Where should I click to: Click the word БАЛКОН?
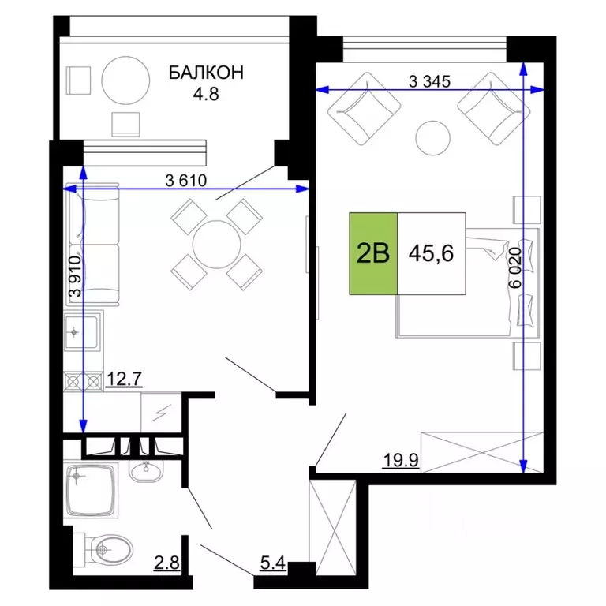(x=206, y=73)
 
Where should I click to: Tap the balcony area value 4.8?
(x=206, y=92)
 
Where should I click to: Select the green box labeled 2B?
(x=374, y=254)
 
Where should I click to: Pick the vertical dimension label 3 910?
(x=76, y=276)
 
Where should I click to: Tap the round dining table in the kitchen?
(x=215, y=242)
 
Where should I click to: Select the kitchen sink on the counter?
(x=81, y=331)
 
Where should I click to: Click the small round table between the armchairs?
(x=432, y=137)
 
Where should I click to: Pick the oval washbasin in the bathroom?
(x=146, y=473)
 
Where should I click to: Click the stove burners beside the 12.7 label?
(x=83, y=382)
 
